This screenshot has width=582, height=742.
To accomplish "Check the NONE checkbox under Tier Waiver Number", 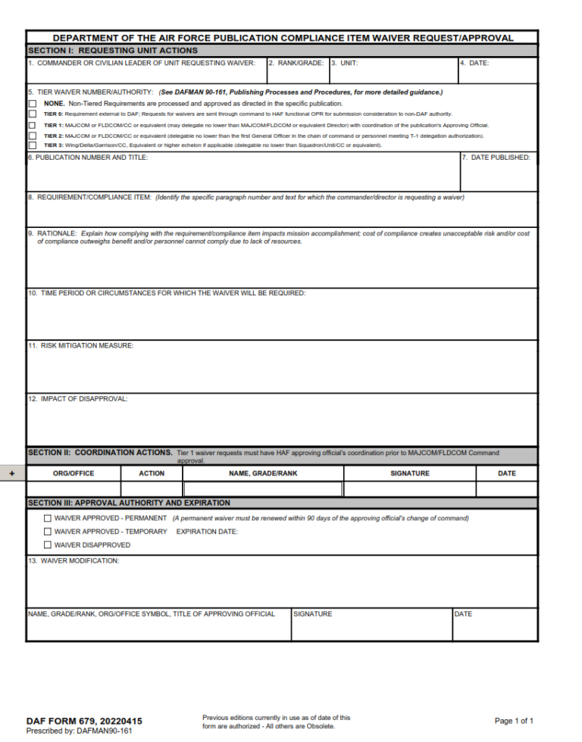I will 33,104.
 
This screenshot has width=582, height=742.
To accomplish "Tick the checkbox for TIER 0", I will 33,114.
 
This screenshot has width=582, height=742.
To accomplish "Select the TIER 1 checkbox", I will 33,125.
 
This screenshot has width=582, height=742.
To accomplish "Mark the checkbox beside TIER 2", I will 33,136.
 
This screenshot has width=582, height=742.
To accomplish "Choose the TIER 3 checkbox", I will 33,145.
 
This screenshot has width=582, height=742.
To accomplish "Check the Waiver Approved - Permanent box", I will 48,519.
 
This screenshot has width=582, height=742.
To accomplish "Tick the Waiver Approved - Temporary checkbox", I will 48,532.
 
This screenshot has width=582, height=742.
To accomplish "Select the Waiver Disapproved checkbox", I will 48,545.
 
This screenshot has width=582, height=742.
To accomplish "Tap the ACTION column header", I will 152,473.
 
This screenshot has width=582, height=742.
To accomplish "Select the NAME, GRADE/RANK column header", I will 263,473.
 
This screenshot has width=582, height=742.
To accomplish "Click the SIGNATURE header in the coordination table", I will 409,473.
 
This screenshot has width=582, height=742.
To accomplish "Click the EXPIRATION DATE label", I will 207,532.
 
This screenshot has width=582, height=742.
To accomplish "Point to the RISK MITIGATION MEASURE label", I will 81,345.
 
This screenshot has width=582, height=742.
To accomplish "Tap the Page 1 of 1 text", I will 514,721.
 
